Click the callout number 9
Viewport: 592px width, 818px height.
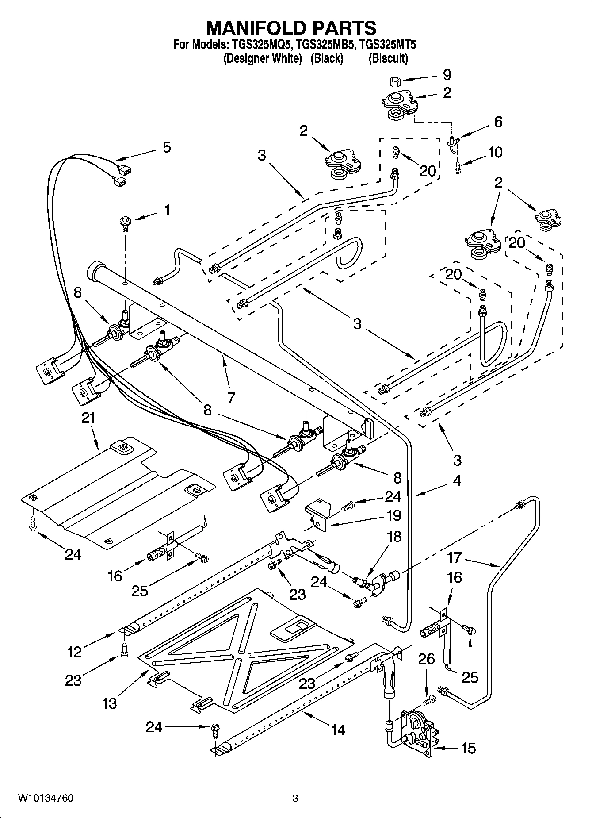point(447,74)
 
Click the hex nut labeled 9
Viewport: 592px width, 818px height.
point(395,81)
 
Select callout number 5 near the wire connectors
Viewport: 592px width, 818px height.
point(166,147)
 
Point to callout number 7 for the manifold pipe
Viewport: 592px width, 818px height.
point(231,397)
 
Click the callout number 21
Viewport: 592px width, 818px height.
point(88,418)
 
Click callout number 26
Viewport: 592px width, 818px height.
point(426,659)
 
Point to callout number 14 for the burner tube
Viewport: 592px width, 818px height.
point(338,729)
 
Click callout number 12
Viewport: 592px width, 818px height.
point(75,652)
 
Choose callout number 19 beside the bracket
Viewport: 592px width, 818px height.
point(393,516)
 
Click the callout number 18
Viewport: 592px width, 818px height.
point(394,537)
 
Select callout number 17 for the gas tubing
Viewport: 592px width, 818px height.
point(454,557)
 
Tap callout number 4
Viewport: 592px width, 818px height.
point(456,480)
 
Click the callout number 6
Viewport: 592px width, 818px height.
point(498,122)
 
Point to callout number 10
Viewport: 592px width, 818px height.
point(495,152)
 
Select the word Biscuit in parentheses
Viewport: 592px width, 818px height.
point(388,58)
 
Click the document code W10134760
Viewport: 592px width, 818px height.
point(46,798)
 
